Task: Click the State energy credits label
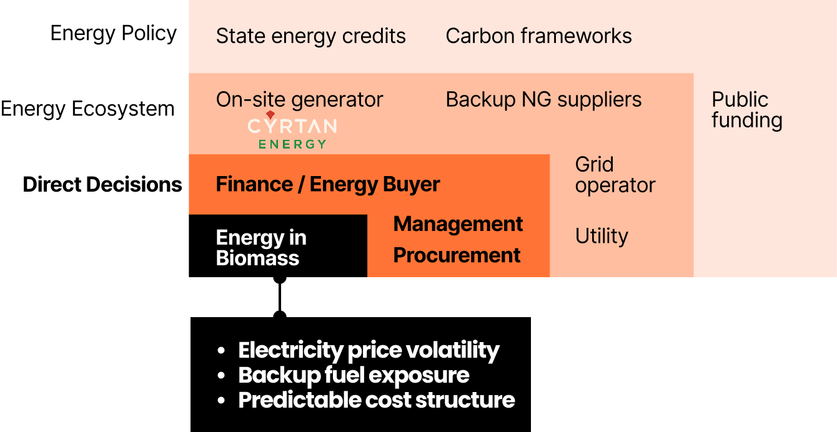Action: [x=310, y=36]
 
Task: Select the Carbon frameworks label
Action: [x=538, y=36]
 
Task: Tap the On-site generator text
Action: [x=299, y=100]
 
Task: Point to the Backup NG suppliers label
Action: [x=543, y=100]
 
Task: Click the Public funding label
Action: [x=746, y=110]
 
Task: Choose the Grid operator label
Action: [x=615, y=175]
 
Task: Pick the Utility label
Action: [x=602, y=236]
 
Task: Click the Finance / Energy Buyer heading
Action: [x=328, y=185]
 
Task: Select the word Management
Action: [x=458, y=224]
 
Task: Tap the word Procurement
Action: [x=457, y=255]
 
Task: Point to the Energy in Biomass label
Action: [x=261, y=248]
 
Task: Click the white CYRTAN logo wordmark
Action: [x=292, y=127]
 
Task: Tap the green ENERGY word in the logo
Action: [x=292, y=144]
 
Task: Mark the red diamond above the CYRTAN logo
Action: [x=270, y=115]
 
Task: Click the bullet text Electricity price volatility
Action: [x=369, y=350]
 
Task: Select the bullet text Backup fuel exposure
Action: [x=354, y=375]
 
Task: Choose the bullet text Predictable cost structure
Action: [x=377, y=400]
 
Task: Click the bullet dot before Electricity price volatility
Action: [x=221, y=351]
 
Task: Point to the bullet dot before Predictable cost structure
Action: [x=221, y=401]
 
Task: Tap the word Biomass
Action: [x=257, y=258]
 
